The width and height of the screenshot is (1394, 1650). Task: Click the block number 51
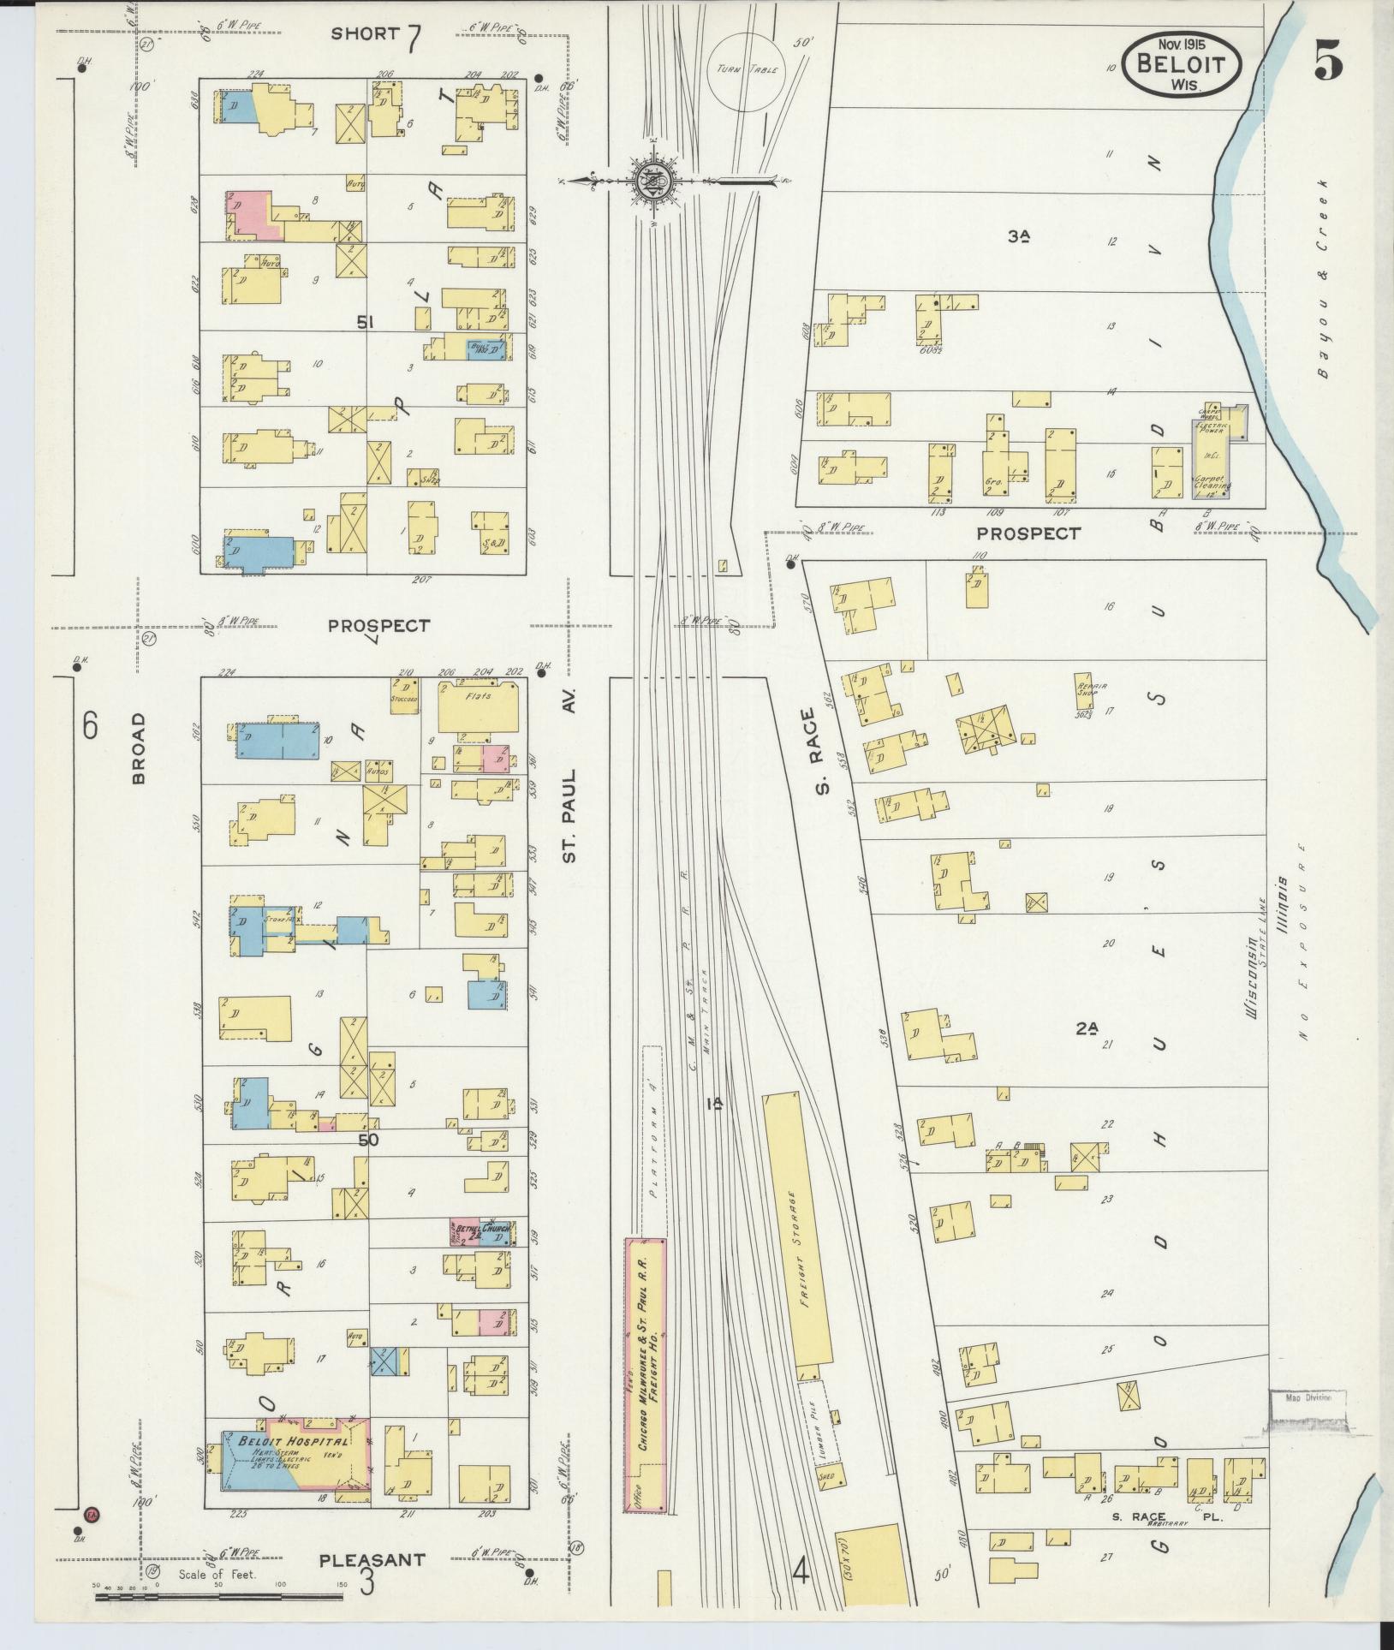pyautogui.click(x=366, y=322)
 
